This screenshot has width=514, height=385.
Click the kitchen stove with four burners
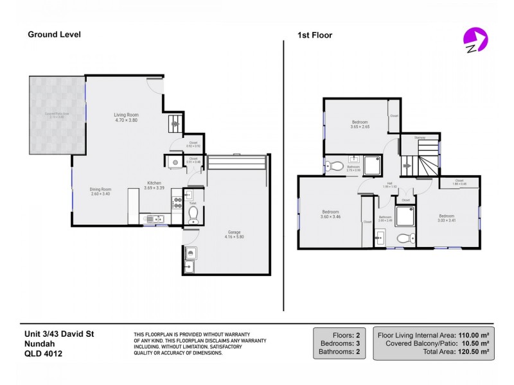pyautogui.click(x=177, y=203)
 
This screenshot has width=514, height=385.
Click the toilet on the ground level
pyautogui.click(x=193, y=214)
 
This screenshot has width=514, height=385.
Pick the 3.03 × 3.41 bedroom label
pyautogui.click(x=447, y=218)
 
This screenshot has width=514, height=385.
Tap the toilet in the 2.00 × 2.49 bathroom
pyautogui.click(x=403, y=238)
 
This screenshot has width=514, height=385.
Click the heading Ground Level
pyautogui.click(x=54, y=35)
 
